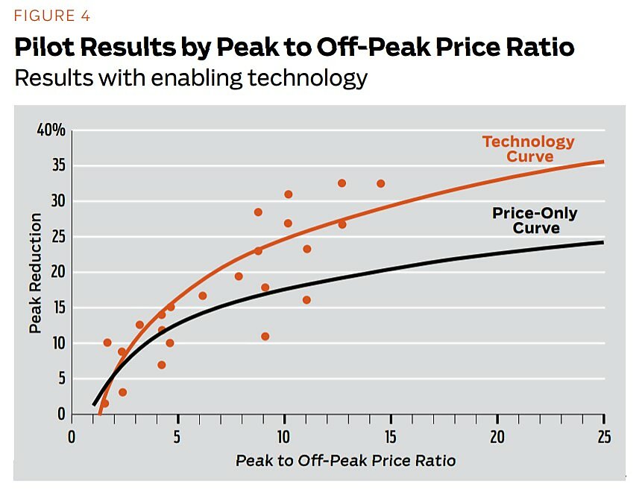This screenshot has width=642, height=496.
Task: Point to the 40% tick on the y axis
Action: click(51, 131)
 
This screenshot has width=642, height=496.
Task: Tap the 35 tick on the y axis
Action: click(57, 166)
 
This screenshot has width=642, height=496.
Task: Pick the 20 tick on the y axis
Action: click(57, 273)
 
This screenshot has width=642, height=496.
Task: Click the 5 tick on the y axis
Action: click(61, 378)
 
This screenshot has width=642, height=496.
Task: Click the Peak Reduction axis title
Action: click(35, 273)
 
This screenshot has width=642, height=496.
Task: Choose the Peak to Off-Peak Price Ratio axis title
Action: click(345, 460)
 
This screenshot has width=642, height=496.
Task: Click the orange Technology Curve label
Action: click(529, 148)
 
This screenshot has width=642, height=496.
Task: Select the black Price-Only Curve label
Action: click(535, 220)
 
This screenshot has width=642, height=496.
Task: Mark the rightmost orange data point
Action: click(381, 183)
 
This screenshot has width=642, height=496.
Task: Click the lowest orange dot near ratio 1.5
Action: click(104, 403)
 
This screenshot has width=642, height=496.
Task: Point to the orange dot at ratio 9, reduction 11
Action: click(265, 337)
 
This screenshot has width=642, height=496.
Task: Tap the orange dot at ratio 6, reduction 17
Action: click(203, 296)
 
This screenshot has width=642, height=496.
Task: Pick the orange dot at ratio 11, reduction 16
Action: click(306, 300)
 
